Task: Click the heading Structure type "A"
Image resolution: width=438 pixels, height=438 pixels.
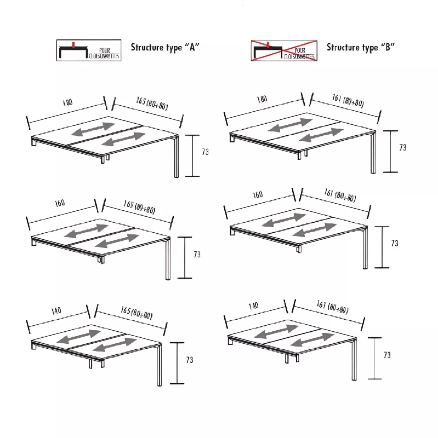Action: pos(164,47)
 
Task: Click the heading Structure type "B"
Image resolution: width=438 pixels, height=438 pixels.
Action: pos(361,47)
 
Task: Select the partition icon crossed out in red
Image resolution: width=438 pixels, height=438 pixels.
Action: pos(283,49)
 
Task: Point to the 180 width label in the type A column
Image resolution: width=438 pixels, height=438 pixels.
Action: pos(67,102)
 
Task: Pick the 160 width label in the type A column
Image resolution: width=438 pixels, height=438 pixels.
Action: pos(59,203)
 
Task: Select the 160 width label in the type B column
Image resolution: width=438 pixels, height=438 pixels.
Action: pos(258,194)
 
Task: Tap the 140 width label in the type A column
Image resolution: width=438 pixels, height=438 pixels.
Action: pos(56,311)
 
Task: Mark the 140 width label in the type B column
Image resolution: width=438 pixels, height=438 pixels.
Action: pos(253,305)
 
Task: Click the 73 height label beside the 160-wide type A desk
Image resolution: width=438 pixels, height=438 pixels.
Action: pos(197,255)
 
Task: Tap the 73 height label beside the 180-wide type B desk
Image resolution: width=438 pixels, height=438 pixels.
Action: pos(402,148)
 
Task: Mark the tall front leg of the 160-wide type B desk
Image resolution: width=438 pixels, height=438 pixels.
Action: pos(365,249)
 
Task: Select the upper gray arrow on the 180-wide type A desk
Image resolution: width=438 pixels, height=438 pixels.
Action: pos(93,129)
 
